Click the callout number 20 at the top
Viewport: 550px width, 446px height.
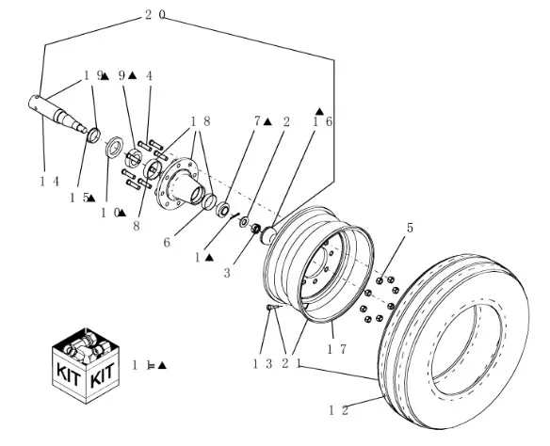coord(154,15)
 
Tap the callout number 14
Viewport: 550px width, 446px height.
coord(50,182)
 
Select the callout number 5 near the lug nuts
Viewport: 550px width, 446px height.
coord(410,228)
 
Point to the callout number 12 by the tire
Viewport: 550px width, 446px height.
coord(339,410)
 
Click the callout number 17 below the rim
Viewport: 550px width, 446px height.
coord(336,349)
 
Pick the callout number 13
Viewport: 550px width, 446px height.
coord(263,364)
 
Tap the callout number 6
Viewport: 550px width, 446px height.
coord(167,242)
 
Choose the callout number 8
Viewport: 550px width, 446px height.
coord(137,226)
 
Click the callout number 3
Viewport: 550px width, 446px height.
coord(227,273)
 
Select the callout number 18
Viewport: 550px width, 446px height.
coord(201,121)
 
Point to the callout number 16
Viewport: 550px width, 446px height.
coord(322,121)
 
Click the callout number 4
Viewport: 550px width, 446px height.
coord(150,75)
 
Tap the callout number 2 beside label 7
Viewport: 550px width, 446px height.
coord(286,122)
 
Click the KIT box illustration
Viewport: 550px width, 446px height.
coord(86,365)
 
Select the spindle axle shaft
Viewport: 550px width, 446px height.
coord(57,114)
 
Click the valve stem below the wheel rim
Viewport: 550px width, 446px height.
coord(273,308)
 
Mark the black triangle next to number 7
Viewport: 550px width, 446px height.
coord(267,122)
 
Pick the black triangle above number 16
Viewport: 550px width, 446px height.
coord(319,111)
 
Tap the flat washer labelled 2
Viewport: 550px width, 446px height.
coord(244,221)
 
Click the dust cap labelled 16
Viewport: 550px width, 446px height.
coord(268,234)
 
